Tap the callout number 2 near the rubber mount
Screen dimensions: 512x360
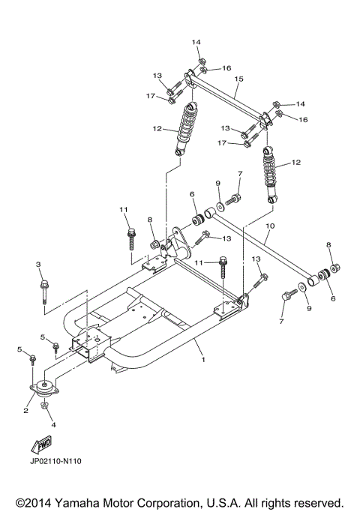coord(25,410)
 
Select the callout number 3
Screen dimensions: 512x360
coord(38,265)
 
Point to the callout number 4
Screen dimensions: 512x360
coord(53,425)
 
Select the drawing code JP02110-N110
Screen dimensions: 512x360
coord(56,461)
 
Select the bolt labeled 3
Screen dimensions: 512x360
coord(43,291)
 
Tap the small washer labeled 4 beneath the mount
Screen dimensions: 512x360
coord(45,407)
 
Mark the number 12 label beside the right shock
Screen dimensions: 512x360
coord(295,162)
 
